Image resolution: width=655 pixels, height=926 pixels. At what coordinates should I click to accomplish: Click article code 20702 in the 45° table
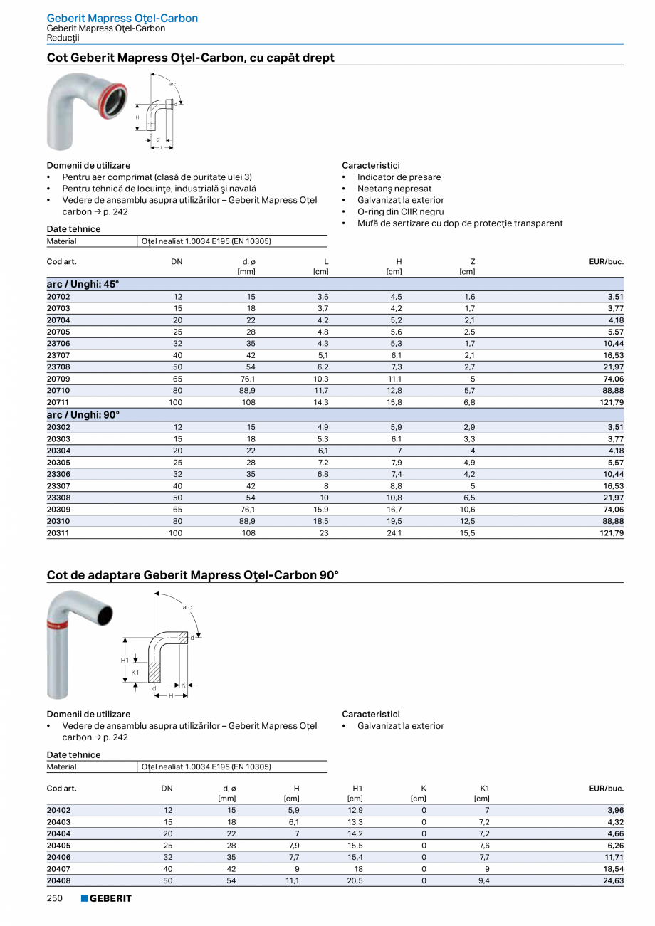tap(58, 297)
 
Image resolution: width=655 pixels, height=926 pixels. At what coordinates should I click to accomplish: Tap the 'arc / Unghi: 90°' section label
tap(83, 414)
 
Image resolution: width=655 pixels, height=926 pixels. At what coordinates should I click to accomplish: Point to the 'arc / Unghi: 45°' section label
tap(83, 284)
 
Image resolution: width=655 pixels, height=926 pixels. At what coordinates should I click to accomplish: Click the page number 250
tap(55, 898)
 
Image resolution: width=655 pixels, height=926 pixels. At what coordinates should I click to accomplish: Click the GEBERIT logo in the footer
tap(106, 898)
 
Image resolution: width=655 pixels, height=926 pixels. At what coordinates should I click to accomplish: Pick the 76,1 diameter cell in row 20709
tap(247, 379)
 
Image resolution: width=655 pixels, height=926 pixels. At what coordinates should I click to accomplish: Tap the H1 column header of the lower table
tap(357, 788)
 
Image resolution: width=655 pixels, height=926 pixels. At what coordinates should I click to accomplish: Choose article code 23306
tap(58, 473)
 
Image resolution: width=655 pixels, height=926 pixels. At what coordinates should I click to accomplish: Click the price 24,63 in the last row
tap(612, 880)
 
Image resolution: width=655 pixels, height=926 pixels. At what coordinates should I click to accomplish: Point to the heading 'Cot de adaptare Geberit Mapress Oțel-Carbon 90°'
tap(192, 574)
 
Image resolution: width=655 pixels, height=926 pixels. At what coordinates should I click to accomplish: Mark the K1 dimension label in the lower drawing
tap(135, 672)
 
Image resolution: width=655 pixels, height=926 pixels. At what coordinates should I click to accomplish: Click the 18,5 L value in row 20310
tap(321, 521)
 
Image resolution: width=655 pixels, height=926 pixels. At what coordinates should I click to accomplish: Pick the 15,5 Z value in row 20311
tap(467, 532)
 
